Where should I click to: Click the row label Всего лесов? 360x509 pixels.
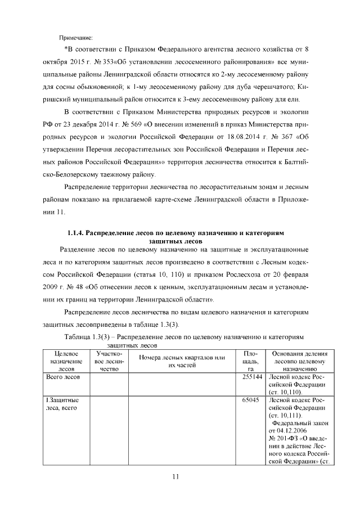point(62,377)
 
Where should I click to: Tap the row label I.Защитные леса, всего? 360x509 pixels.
point(62,404)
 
